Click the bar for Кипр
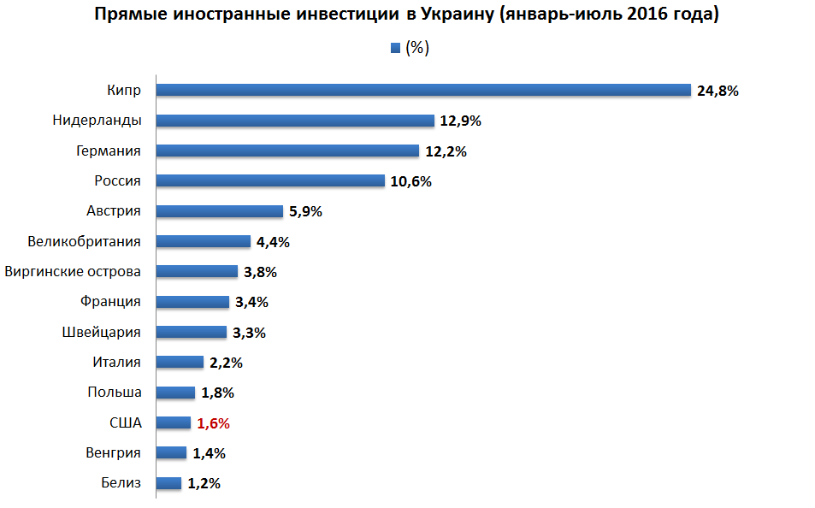click(423, 90)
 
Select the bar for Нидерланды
click(295, 121)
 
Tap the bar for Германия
click(287, 151)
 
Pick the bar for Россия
click(270, 180)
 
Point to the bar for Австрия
click(219, 211)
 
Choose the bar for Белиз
click(168, 483)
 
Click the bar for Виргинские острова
click(197, 272)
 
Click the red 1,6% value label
click(214, 423)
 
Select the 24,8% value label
click(718, 91)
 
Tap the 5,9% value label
click(305, 211)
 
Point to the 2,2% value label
click(226, 363)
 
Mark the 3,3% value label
click(249, 333)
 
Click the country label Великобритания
click(84, 241)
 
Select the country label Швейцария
click(102, 332)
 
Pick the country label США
click(125, 422)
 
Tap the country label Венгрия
click(113, 452)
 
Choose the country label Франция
click(110, 302)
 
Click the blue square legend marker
click(395, 48)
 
